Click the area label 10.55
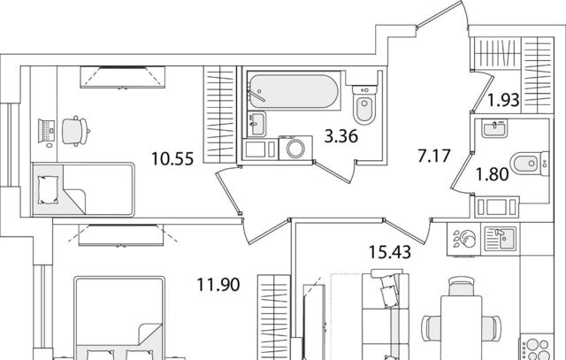point(172,158)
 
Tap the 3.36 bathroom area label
point(341,136)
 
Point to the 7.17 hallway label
point(434,156)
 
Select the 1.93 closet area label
point(503,100)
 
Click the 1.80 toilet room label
point(493,174)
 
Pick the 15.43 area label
point(390,252)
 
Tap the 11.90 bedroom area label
point(218,285)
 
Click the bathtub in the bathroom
point(294,91)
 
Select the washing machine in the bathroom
point(295,148)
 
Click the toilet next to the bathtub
point(364,104)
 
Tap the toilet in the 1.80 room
point(531,164)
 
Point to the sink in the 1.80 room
point(494,128)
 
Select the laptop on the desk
point(47,131)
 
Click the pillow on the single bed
point(48,189)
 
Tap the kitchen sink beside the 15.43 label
point(500,238)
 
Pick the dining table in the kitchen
point(462,327)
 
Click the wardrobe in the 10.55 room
point(220,114)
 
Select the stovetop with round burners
point(537,349)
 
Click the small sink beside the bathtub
point(256,124)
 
